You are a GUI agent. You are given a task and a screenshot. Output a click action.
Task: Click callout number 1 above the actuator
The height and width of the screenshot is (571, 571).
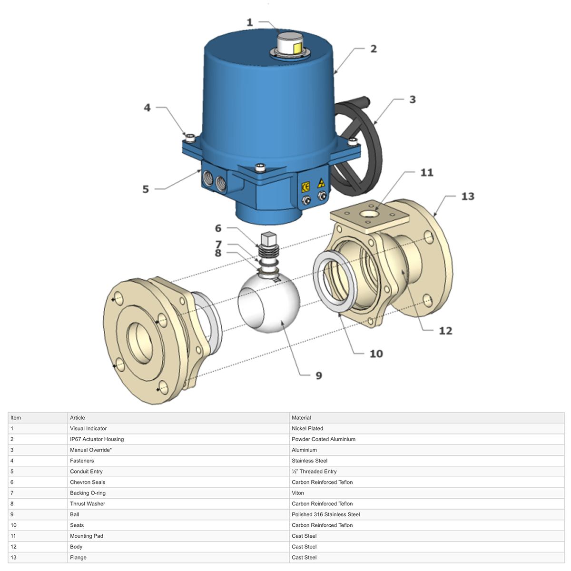(249, 22)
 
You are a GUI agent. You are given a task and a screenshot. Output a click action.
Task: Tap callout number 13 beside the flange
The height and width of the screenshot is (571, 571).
(467, 196)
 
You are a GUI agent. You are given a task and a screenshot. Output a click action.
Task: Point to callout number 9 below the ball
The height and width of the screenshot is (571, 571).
(319, 375)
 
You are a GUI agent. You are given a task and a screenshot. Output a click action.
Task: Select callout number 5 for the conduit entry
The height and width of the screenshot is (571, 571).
(146, 189)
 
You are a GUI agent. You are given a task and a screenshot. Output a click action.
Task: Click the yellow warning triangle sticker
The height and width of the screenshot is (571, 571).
(321, 183)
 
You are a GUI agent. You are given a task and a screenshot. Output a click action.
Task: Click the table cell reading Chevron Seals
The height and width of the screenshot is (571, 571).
(88, 482)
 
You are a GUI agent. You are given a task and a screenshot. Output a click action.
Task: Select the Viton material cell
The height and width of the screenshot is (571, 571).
(298, 493)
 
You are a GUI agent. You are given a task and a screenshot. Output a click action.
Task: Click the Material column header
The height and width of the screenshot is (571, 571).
(301, 418)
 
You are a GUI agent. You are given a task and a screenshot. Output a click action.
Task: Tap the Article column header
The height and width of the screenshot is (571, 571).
(78, 418)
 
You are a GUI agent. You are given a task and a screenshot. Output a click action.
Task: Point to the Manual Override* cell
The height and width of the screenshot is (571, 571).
(91, 450)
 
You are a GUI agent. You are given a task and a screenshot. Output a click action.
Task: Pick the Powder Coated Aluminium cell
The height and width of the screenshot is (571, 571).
(324, 439)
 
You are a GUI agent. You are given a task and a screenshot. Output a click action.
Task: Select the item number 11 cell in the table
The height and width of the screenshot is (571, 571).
(13, 536)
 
